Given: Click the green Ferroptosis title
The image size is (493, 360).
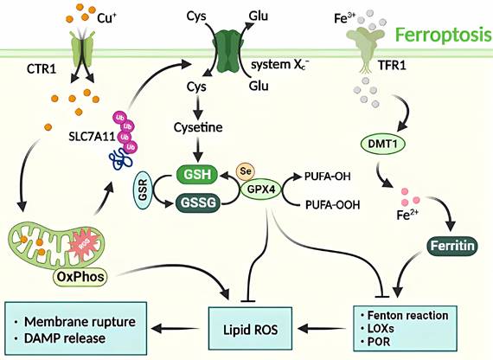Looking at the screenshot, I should [439, 36].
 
